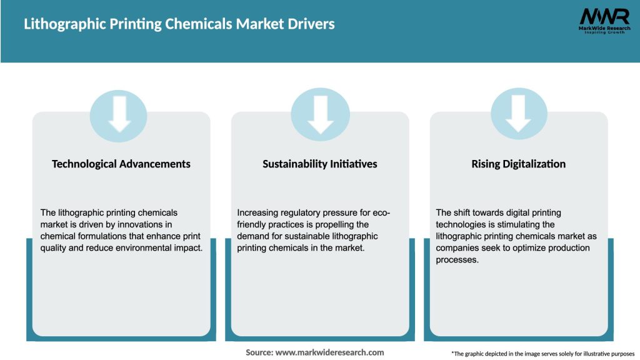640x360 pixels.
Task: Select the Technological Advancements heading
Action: (121, 164)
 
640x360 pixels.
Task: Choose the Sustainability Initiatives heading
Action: (320, 164)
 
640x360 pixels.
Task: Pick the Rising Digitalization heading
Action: (518, 164)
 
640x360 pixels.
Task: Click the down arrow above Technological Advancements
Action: (119, 114)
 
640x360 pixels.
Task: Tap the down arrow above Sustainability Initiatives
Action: (320, 114)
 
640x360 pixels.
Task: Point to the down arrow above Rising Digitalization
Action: (519, 114)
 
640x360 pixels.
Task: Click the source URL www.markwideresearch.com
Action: (329, 352)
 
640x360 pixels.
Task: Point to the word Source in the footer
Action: (259, 352)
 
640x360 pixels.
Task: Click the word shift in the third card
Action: (464, 213)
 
